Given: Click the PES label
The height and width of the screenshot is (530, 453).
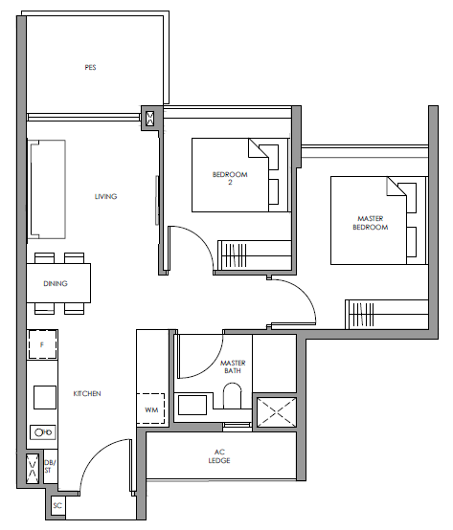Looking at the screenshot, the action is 90,68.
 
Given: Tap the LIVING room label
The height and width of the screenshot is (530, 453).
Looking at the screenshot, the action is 106,196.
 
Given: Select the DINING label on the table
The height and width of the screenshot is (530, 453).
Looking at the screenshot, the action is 56,283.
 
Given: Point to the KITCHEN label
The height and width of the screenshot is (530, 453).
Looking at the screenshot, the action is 87,393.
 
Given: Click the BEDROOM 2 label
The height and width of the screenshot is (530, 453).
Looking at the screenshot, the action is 230,178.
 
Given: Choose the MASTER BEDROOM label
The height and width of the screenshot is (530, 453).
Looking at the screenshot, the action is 371,223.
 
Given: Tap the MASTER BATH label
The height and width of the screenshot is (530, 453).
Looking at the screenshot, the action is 233,366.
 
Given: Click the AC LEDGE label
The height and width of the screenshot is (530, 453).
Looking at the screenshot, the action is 219,456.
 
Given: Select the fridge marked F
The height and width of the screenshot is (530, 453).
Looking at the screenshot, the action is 42,344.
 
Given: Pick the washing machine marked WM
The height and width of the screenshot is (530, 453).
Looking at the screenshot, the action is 150,409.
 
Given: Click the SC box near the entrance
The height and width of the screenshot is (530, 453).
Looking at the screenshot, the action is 57,506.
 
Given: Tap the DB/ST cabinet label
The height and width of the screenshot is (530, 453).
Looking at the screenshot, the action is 50,467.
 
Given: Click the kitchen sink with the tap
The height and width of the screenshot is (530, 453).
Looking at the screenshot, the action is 43,432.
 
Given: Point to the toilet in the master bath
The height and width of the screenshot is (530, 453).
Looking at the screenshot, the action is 232,395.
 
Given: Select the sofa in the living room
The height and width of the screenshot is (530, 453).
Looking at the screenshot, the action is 47,189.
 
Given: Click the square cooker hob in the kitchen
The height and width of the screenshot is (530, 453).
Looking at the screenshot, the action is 45,398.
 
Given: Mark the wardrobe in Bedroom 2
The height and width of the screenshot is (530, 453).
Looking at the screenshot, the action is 255,255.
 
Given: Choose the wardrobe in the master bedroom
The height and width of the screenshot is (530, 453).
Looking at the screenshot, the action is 386,315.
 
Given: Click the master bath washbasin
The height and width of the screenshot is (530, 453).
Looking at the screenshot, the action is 193,405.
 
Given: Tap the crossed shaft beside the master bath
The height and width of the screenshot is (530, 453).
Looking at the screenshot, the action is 277,412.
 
